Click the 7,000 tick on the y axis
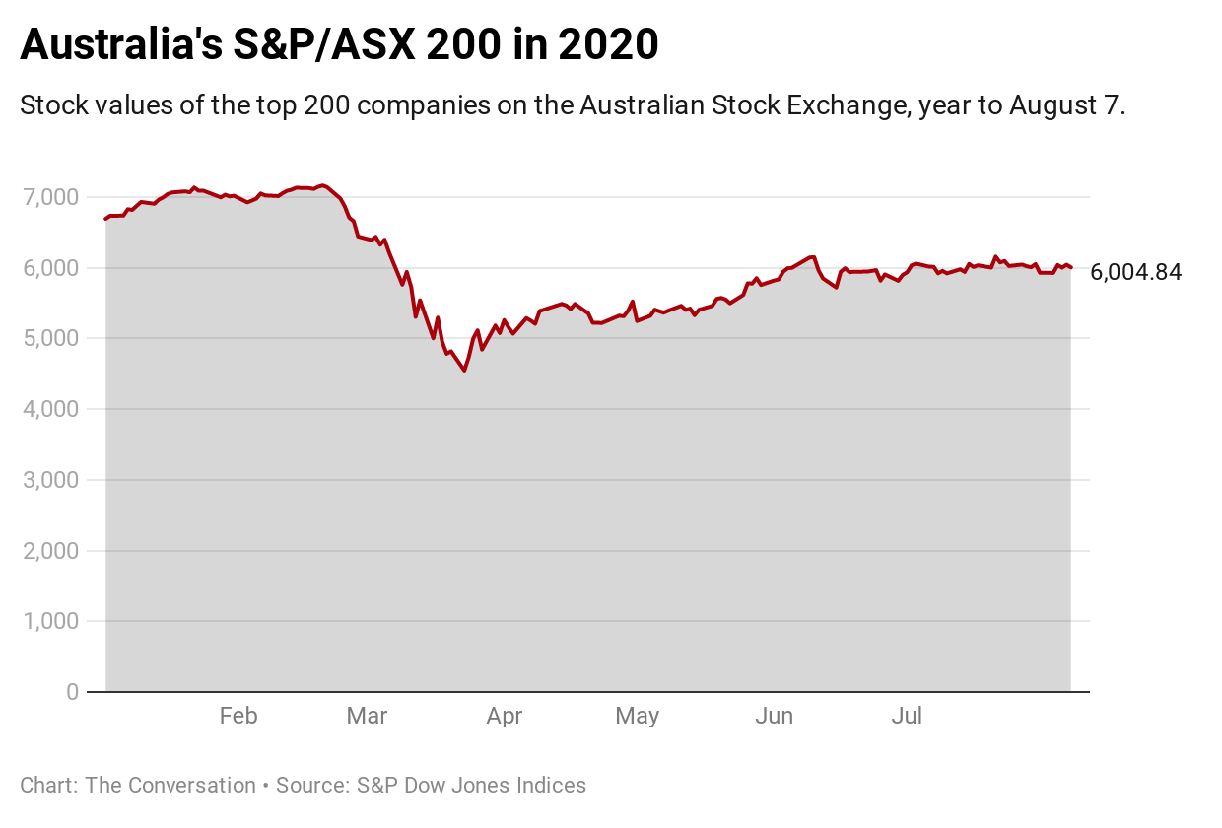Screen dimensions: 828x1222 48,197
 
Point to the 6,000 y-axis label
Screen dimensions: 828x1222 48,268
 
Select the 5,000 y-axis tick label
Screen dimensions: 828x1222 48,338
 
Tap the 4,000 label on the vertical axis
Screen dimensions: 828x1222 48,409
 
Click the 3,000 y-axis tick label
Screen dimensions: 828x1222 48,480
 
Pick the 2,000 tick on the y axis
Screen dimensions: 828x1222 48,551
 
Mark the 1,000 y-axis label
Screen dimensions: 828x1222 48,621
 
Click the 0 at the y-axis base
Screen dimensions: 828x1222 71,692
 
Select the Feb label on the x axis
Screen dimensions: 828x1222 238,717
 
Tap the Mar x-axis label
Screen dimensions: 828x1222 367,717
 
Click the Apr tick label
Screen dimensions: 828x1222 504,717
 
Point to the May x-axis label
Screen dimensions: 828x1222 637,717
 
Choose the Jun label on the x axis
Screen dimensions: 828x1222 774,717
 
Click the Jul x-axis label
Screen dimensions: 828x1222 907,717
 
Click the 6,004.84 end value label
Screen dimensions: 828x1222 1135,273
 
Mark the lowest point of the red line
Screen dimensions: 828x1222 464,371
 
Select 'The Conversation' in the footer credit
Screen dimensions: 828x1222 170,786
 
